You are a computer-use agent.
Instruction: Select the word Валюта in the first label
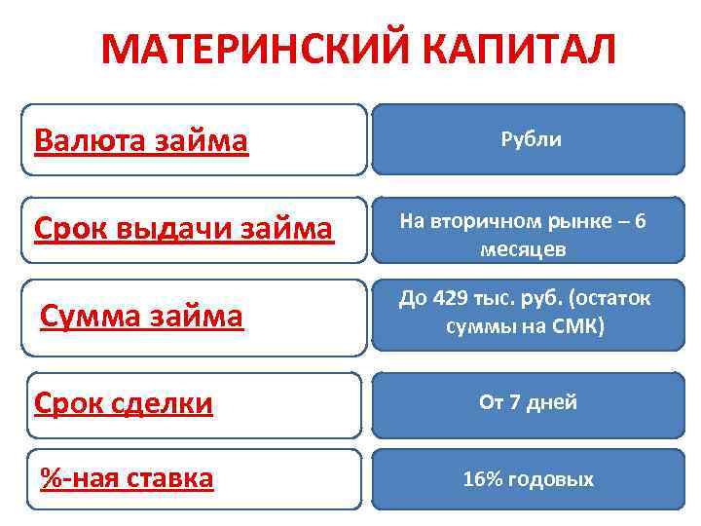tap(89, 141)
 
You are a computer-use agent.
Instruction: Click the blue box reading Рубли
tap(531, 139)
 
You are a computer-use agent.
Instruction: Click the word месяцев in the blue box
tap(523, 249)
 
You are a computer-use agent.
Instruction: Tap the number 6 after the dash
tap(639, 221)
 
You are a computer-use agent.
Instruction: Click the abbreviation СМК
tap(578, 325)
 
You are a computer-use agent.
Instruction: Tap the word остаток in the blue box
tap(611, 298)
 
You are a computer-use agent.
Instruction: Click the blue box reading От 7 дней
tap(529, 402)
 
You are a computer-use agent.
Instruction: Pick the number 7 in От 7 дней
tap(515, 402)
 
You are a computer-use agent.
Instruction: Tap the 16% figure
tap(483, 479)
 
